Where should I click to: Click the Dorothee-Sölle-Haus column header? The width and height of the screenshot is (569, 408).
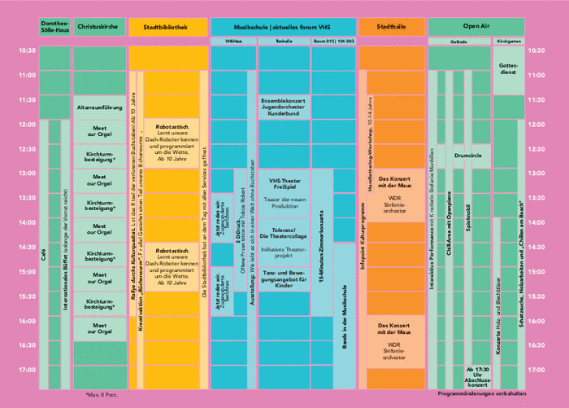pos(54,27)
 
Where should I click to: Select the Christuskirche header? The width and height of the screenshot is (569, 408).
pos(99,27)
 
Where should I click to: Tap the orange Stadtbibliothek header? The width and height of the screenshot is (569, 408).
pos(165,27)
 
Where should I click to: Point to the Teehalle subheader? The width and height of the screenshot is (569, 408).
pos(284,40)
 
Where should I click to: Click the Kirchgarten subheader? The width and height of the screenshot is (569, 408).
pos(508,40)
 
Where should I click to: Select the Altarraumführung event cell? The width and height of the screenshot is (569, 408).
pos(99,107)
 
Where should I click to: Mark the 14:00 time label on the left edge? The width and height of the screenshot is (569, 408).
pos(27,222)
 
